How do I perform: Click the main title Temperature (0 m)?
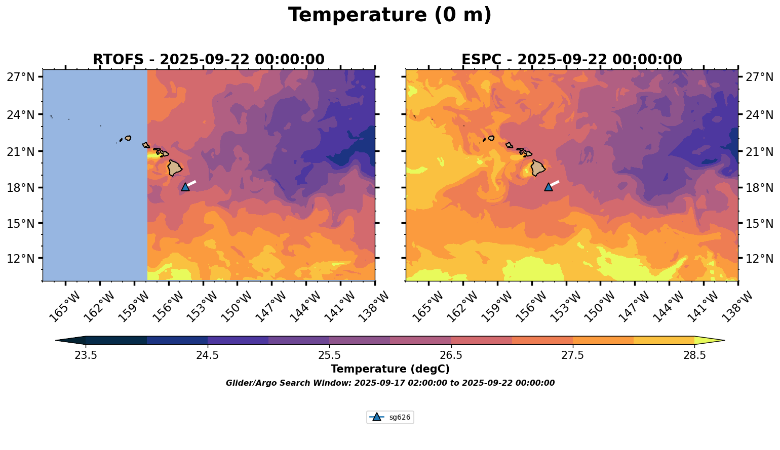[389, 15]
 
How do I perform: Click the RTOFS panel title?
[209, 60]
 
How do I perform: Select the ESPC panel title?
[572, 60]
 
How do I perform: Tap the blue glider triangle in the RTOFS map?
[185, 187]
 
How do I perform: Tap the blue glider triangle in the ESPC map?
[549, 187]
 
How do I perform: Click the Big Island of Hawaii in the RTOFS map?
[174, 168]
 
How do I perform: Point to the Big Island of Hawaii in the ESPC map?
[538, 168]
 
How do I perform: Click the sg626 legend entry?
[390, 417]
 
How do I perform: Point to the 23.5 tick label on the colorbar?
[86, 355]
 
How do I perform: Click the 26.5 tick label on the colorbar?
[451, 355]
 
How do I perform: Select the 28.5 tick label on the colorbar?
[694, 355]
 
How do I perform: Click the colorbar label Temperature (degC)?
[390, 369]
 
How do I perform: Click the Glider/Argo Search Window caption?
[390, 383]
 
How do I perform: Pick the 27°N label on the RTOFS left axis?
[21, 76]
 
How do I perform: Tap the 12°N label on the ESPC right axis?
[759, 259]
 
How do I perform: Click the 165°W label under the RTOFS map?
[64, 307]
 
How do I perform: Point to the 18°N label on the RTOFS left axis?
[21, 188]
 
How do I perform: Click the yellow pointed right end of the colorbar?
[710, 340]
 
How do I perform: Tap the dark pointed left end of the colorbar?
[71, 340]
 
